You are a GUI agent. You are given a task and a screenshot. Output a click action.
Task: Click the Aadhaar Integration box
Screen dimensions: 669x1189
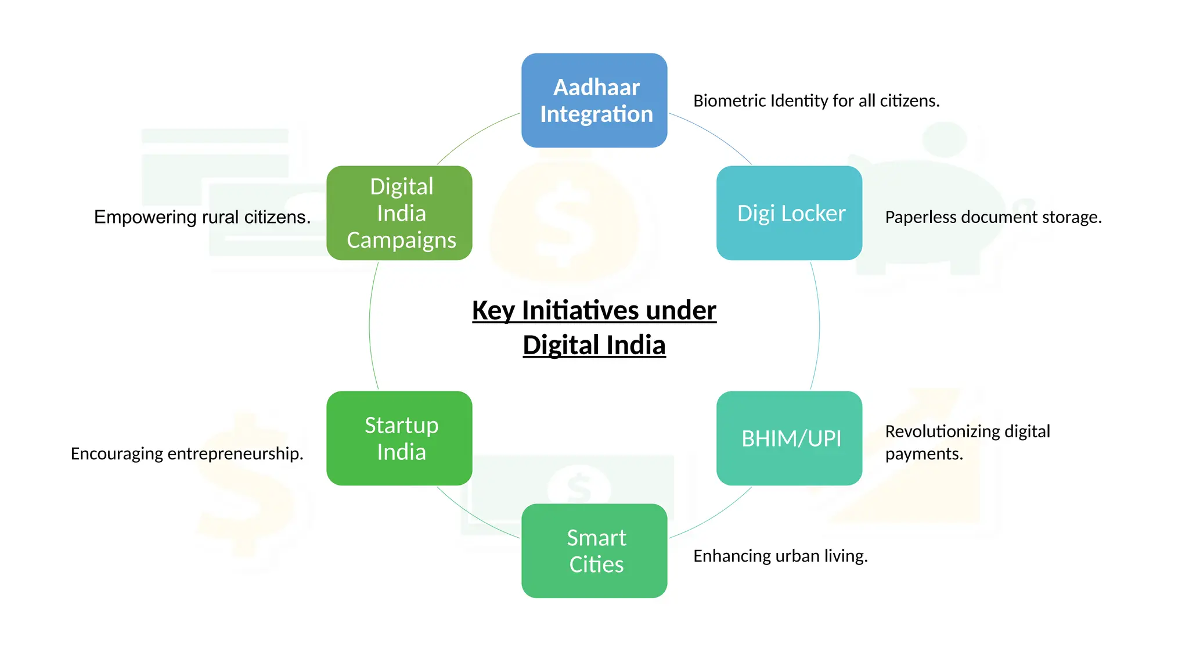594,100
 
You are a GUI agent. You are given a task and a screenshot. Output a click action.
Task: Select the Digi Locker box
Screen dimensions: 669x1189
789,213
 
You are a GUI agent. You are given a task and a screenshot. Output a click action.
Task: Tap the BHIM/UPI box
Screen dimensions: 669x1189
789,438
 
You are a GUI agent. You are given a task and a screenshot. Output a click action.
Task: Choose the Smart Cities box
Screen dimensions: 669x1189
594,551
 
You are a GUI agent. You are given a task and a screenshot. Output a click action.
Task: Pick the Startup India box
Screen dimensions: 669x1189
399,438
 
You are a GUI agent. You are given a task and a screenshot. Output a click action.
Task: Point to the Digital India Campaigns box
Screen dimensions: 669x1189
399,213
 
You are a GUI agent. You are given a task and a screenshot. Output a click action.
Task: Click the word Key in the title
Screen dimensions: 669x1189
493,310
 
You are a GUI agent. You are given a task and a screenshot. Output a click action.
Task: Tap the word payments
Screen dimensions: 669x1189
923,454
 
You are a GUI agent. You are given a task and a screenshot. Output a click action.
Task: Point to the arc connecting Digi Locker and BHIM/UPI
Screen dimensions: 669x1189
819,325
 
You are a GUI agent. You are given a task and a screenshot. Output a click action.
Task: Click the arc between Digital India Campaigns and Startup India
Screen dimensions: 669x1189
370,325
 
